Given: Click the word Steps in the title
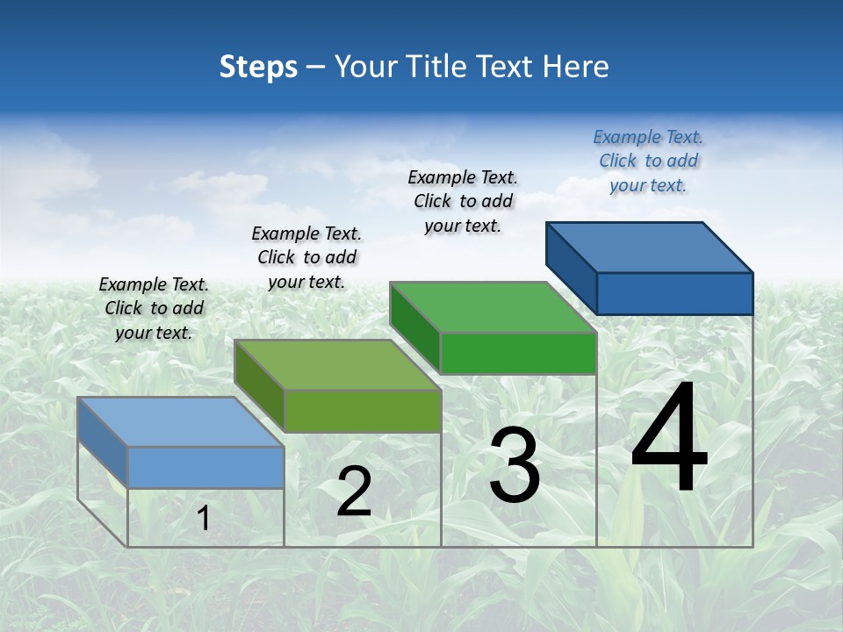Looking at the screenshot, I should (258, 67).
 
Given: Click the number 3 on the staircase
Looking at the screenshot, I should (515, 465).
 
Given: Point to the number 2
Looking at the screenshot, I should (354, 492).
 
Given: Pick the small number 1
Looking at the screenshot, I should (204, 519).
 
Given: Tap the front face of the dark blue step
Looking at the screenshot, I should (674, 293).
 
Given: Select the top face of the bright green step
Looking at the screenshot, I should (493, 307).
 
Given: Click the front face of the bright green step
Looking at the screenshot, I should (518, 353).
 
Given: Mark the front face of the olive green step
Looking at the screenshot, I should (362, 411).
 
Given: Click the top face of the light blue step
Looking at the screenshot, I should (181, 422).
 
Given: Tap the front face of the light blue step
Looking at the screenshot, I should (205, 467).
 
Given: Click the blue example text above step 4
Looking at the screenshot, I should (648, 161).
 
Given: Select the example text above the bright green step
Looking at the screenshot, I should (463, 201).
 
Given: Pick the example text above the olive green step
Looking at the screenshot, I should (306, 257).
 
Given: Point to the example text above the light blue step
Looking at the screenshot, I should (154, 308).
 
